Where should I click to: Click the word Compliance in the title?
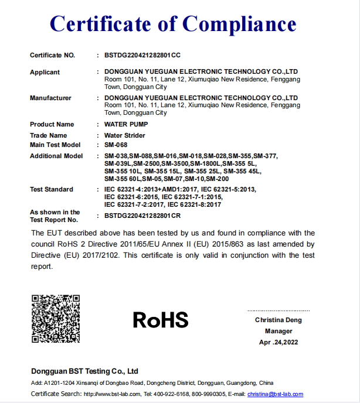click(239, 24)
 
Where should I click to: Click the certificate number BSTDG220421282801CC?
click(142, 55)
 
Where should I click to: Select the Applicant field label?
click(45, 72)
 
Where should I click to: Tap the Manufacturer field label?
click(50, 98)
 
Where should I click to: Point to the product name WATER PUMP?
click(126, 124)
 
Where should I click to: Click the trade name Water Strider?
click(125, 135)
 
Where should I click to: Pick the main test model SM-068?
click(116, 145)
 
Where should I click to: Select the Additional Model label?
click(56, 156)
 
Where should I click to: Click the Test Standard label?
click(52, 189)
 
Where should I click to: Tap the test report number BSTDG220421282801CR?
click(142, 216)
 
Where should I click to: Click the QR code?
click(55, 319)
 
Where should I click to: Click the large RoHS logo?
click(160, 320)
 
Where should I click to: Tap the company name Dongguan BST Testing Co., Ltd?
click(84, 371)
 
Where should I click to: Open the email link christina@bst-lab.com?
click(275, 394)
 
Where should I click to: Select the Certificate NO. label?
click(53, 55)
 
